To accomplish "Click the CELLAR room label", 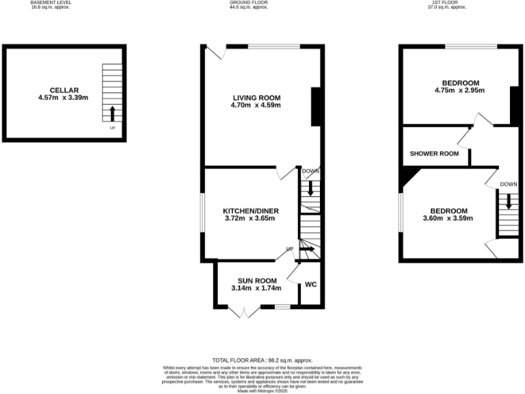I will (64, 90).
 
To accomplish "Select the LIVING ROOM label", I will (256, 98).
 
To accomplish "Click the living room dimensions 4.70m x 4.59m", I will (256, 106).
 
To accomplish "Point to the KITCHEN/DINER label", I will (250, 211).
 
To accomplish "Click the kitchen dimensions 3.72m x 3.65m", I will (250, 219).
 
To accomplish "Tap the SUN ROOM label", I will (256, 280).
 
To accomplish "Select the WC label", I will (310, 285).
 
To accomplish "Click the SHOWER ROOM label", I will (434, 154).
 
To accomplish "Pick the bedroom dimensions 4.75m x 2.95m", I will (459, 90).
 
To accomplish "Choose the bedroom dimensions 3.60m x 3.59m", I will (448, 219).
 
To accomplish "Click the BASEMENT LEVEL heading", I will (51, 3).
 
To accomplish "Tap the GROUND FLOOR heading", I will (249, 3).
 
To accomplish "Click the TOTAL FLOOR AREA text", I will (262, 360).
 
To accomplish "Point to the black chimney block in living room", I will (317, 107).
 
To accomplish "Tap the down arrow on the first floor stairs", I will (507, 201).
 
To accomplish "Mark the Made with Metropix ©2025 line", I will (262, 390).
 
